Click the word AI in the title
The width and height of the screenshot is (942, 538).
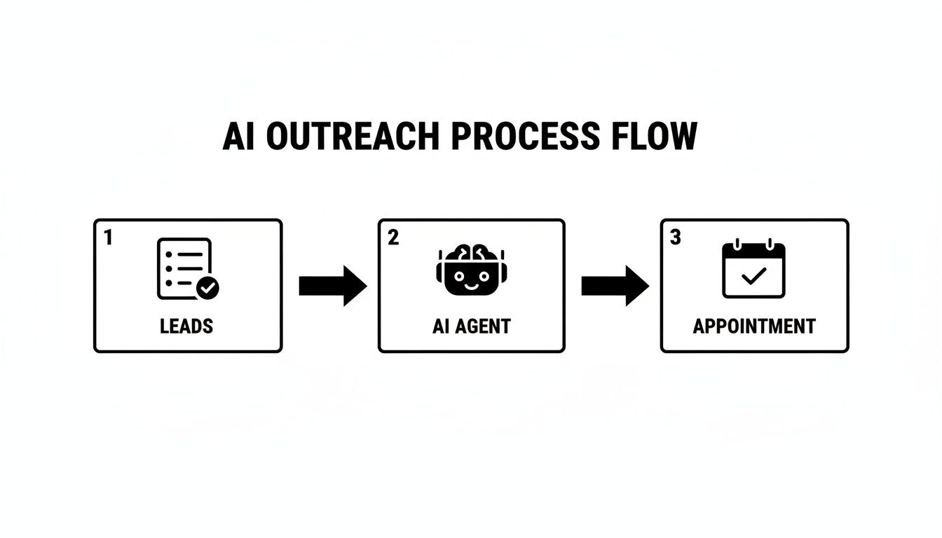[240, 137]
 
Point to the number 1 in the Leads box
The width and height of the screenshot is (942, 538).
[108, 238]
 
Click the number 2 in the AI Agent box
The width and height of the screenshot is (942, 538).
[393, 238]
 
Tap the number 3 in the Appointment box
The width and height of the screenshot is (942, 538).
[675, 238]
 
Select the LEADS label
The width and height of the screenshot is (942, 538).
[186, 326]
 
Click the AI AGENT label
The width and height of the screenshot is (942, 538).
[471, 326]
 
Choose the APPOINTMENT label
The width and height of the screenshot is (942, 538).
[754, 326]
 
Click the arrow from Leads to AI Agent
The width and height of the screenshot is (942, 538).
[332, 286]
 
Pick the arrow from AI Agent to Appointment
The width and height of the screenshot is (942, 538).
[615, 286]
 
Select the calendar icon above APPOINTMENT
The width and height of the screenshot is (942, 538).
[753, 270]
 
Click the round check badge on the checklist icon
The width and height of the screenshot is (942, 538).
[207, 287]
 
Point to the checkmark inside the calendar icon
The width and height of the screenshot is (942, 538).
[753, 277]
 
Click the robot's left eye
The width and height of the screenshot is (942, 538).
[460, 276]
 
